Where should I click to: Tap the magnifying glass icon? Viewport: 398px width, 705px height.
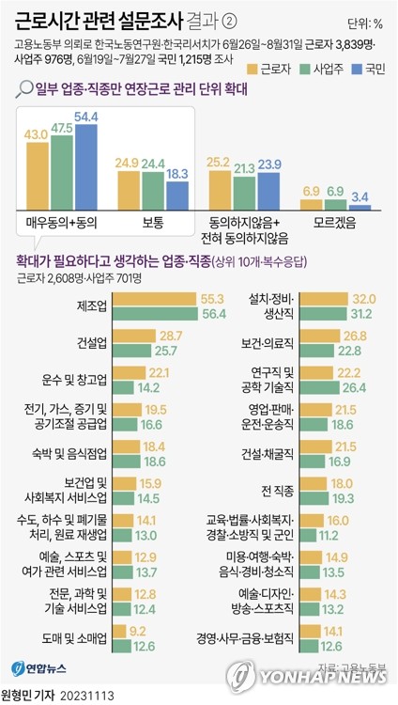pyautogui.click(x=24, y=89)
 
